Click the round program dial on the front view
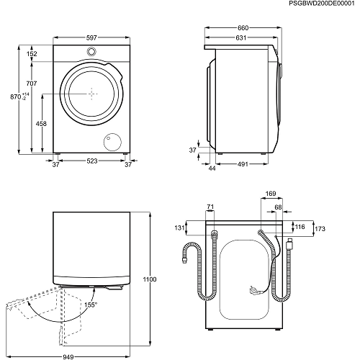point(92,52)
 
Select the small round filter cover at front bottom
point(112,141)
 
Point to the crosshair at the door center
point(92,92)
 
